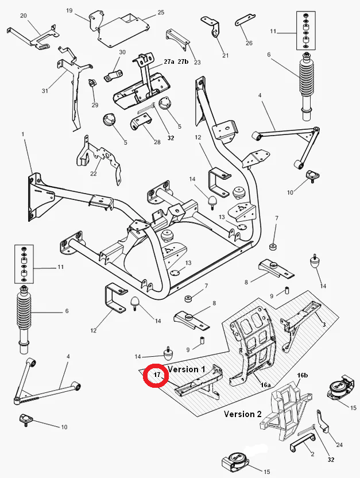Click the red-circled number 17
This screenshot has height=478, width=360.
[x=156, y=375]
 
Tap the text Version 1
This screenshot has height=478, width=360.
[x=187, y=369]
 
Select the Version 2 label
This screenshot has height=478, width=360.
[x=243, y=414]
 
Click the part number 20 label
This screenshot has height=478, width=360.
[x=24, y=16]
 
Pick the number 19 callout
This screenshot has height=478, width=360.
[x=69, y=10]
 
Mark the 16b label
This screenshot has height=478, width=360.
[x=303, y=375]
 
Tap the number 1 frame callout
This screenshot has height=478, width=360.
[x=24, y=134]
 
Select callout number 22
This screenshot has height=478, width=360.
[x=94, y=174]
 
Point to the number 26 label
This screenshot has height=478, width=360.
[x=249, y=43]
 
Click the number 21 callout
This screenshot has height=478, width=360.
[x=225, y=55]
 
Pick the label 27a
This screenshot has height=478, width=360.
[x=169, y=61]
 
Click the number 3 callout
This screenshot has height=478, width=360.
[x=324, y=325]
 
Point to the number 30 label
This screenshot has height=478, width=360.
[x=122, y=52]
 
